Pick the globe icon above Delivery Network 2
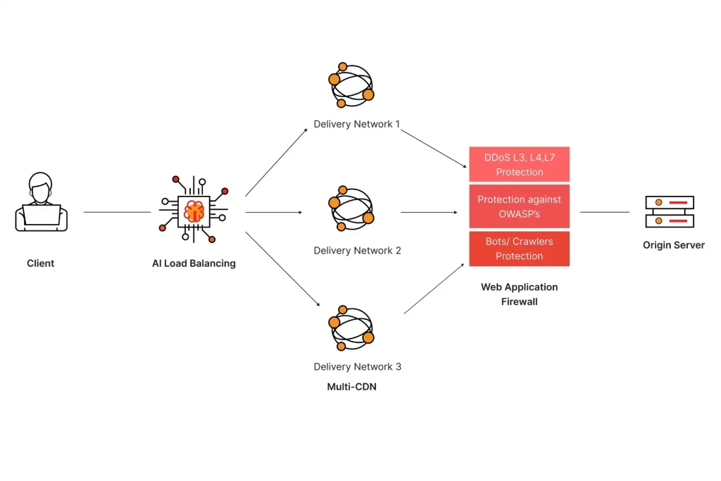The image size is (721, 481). pos(351,209)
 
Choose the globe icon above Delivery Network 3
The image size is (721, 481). pos(351,328)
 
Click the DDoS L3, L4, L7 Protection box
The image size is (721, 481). pos(519,165)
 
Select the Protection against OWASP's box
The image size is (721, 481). pos(519,206)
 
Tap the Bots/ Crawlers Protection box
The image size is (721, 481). pos(519,249)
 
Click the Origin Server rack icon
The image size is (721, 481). pos(669,211)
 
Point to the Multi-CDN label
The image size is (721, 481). pos(351,387)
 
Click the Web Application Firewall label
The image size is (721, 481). pos(519,294)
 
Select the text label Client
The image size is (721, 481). pos(40,263)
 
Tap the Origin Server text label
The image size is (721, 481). pos(673,245)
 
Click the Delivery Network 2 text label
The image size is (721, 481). pos(357,251)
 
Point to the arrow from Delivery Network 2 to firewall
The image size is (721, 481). pos(428,212)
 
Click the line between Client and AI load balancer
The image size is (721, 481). pos(117,212)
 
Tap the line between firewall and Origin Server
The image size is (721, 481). pos(604,212)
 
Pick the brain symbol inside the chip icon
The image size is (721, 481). pos(194,210)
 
